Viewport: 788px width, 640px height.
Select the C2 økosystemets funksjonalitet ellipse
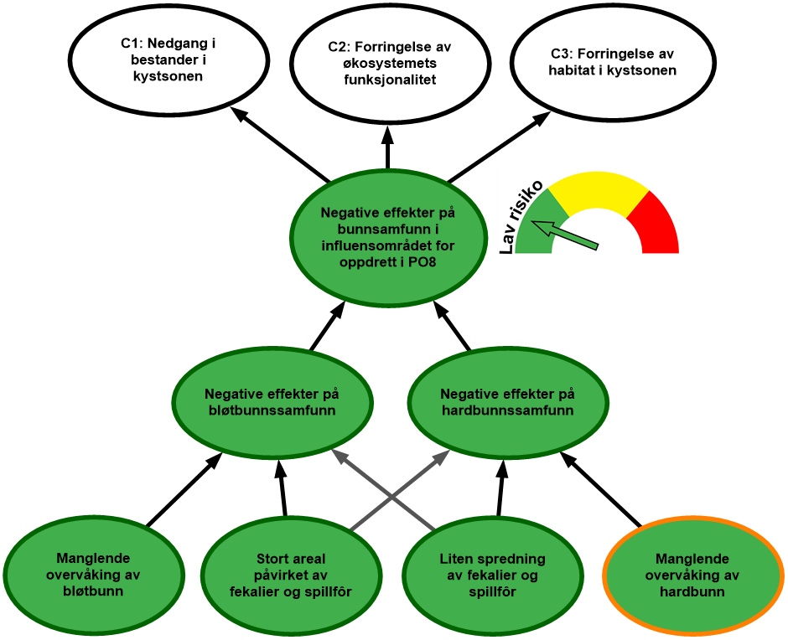[390, 64]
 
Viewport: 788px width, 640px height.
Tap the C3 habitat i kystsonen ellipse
[612, 63]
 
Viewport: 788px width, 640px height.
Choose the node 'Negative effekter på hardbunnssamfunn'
[507, 402]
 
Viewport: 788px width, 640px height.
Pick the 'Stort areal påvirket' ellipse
[290, 575]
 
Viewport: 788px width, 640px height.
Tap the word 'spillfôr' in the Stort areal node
[329, 592]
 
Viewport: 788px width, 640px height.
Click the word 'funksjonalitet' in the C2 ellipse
[390, 80]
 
